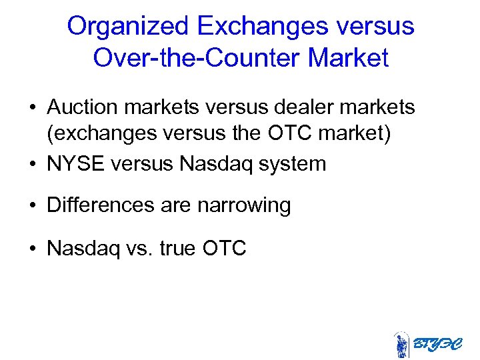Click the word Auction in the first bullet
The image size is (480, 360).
pos(84,106)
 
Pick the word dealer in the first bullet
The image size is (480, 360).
pos(294,106)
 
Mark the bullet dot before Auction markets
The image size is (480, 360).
pos(32,107)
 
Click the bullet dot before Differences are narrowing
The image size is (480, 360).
pos(32,206)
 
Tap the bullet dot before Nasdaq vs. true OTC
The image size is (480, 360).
pos(32,249)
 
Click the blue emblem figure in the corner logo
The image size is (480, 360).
pos(401,345)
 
